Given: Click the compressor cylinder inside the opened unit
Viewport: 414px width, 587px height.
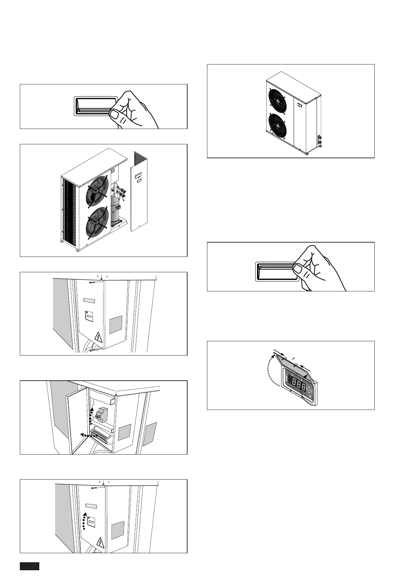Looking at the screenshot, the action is [x=115, y=209].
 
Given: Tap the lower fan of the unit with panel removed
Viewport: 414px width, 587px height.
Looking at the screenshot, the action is [x=95, y=223].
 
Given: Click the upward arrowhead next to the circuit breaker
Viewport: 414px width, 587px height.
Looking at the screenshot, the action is [x=92, y=409].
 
